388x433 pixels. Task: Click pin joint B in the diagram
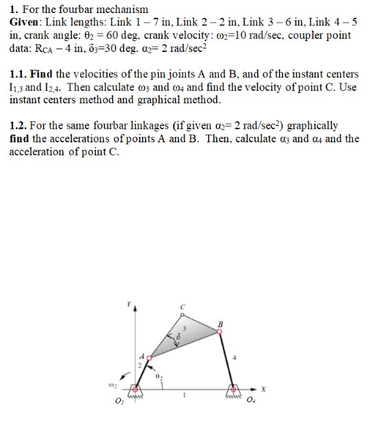(x=219, y=330)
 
